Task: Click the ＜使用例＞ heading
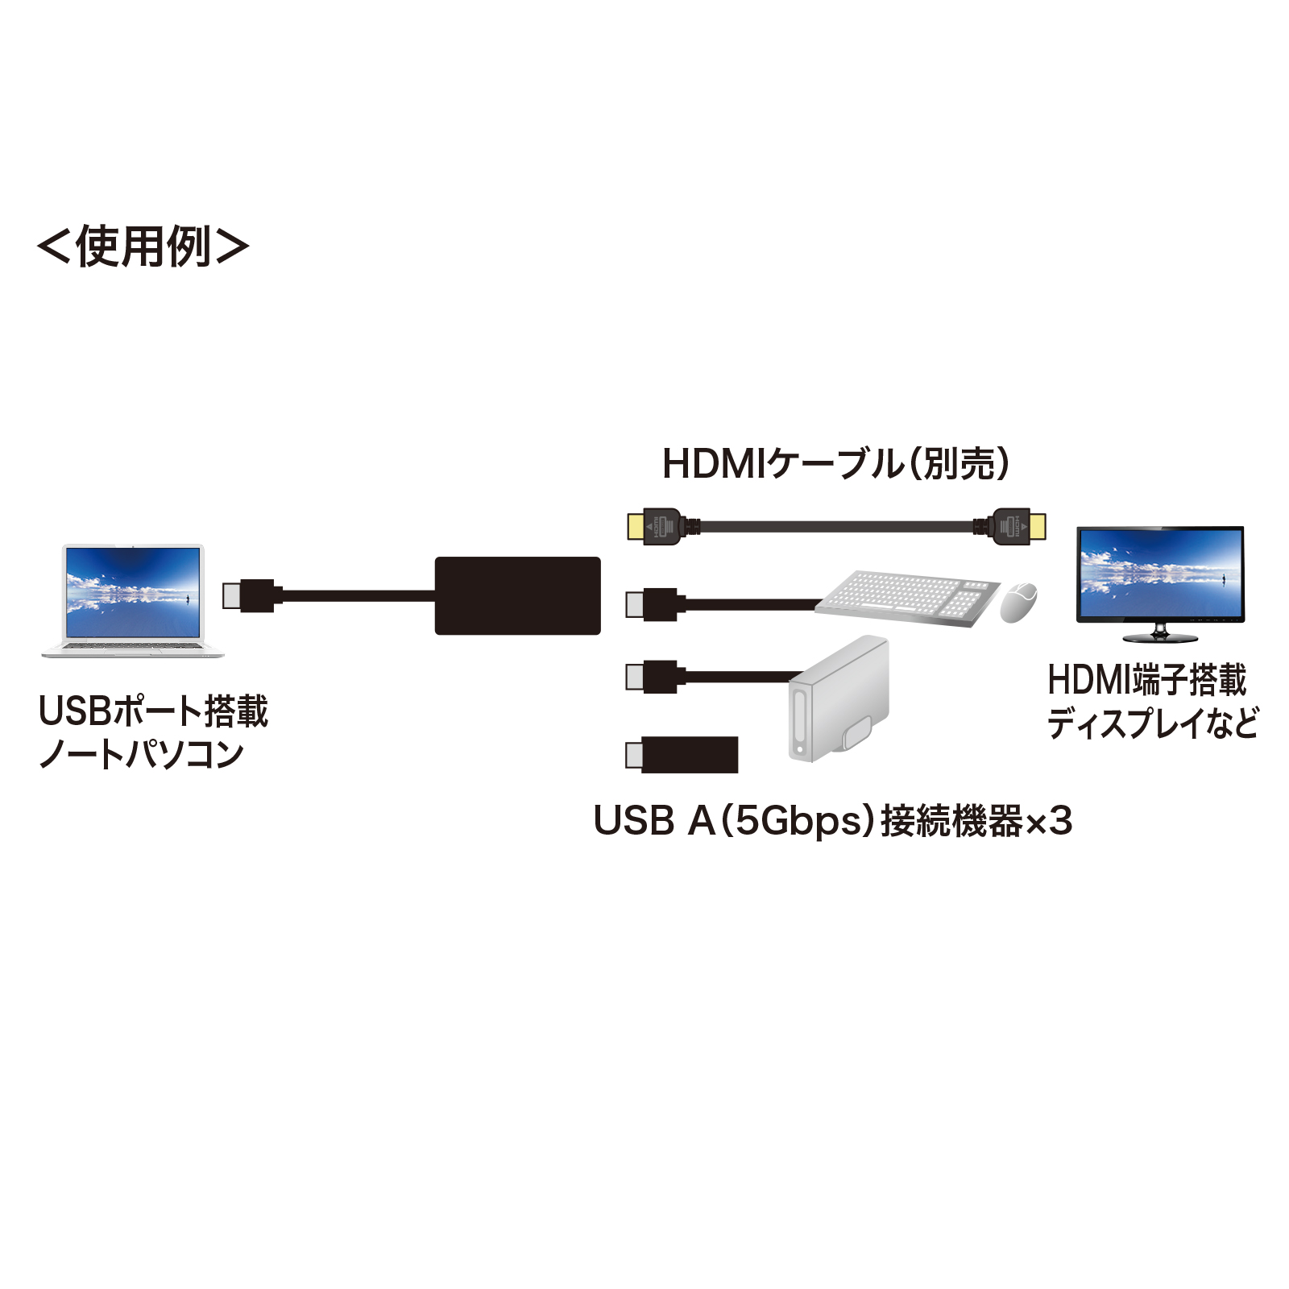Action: tap(143, 247)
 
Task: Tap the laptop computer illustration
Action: tap(133, 600)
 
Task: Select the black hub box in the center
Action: tap(517, 595)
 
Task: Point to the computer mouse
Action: tap(1018, 602)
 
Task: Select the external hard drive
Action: tap(838, 699)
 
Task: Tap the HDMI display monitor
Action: tap(1160, 582)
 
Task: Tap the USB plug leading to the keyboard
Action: tap(655, 604)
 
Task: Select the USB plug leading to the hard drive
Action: tap(655, 677)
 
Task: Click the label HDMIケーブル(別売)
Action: tap(835, 464)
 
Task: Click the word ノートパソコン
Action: tap(141, 754)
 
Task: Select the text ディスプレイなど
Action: tap(1152, 723)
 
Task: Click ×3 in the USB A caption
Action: tap(1048, 821)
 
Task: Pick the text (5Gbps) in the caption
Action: tap(798, 821)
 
